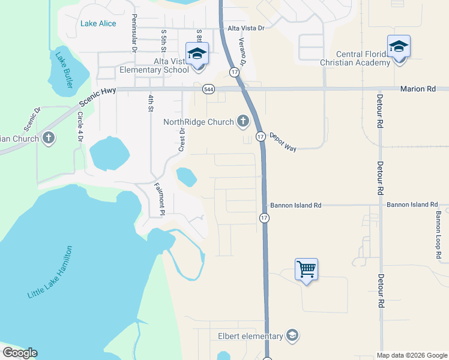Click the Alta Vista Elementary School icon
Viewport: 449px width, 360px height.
[x=196, y=53]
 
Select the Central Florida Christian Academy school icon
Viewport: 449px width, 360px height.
[x=399, y=46]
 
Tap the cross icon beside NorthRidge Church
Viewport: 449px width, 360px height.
[x=243, y=122]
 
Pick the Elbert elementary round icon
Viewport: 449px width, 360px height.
[x=292, y=335]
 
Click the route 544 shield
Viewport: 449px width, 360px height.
[x=208, y=89]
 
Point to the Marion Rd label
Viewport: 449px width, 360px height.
[x=418, y=89]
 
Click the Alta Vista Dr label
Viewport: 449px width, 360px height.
[x=246, y=28]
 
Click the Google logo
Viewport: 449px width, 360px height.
[x=20, y=353]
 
